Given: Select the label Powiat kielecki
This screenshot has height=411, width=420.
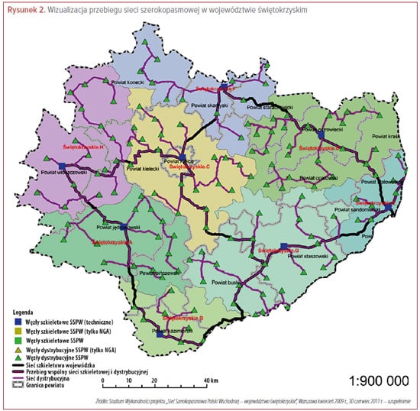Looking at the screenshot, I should tap(143, 170).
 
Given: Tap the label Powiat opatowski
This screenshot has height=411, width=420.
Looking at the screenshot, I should tap(319, 177).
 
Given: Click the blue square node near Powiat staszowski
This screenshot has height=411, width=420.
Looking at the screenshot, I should tap(283, 246).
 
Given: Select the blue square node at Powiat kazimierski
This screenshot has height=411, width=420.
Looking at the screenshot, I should tap(159, 333).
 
